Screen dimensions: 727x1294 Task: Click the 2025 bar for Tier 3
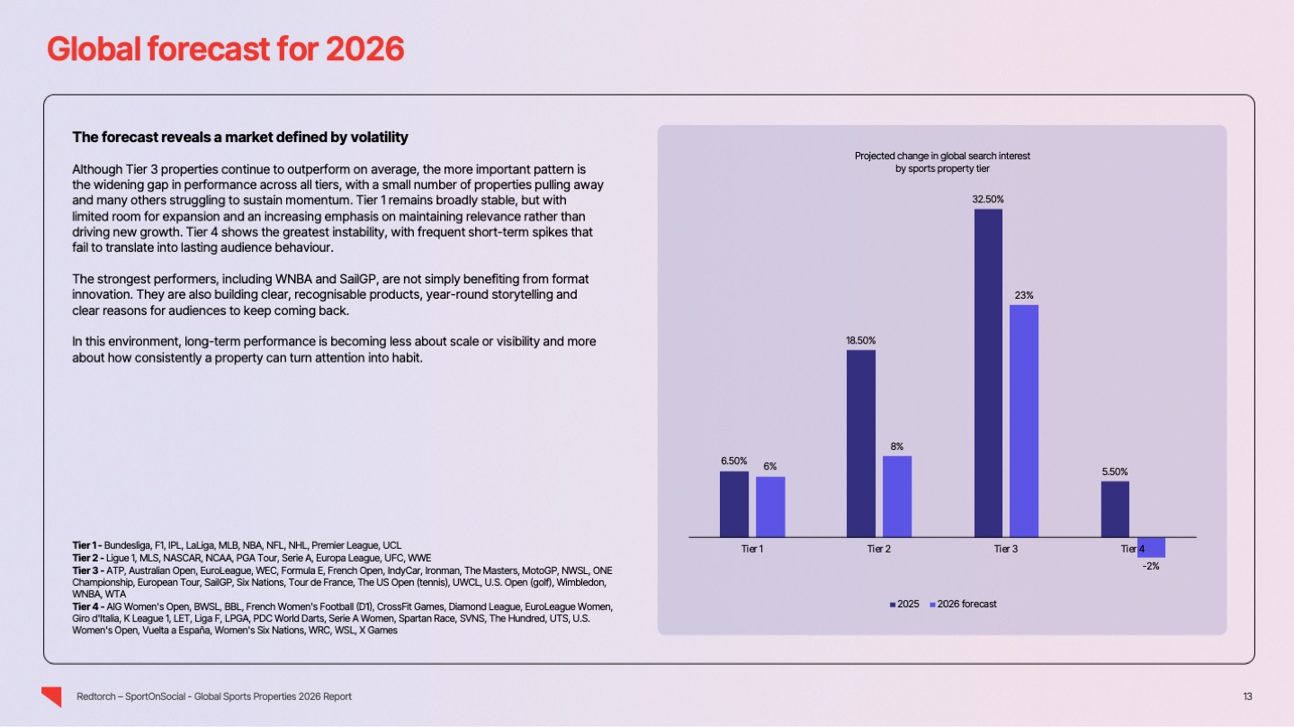click(x=988, y=372)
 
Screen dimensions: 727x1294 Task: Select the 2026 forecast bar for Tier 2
click(x=897, y=496)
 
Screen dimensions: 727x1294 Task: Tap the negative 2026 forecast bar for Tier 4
click(x=1151, y=547)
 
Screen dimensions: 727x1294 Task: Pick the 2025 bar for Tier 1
click(x=733, y=504)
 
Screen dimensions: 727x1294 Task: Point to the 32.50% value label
click(x=988, y=198)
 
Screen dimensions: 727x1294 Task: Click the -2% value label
click(x=1151, y=566)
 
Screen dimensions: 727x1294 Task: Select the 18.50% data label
click(x=860, y=340)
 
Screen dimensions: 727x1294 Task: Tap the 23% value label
click(x=1024, y=294)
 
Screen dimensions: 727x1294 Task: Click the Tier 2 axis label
click(x=879, y=548)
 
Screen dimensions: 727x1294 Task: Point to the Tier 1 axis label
click(x=751, y=548)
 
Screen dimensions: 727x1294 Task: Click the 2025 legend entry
click(x=904, y=604)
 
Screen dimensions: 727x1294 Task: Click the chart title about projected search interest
click(x=942, y=162)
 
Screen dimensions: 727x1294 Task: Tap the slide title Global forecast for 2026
click(x=225, y=49)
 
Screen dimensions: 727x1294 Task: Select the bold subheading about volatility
click(x=240, y=138)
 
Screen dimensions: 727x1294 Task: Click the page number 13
click(x=1247, y=696)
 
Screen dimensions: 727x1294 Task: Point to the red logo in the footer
click(x=51, y=696)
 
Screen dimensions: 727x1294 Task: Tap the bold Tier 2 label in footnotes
click(x=86, y=558)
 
